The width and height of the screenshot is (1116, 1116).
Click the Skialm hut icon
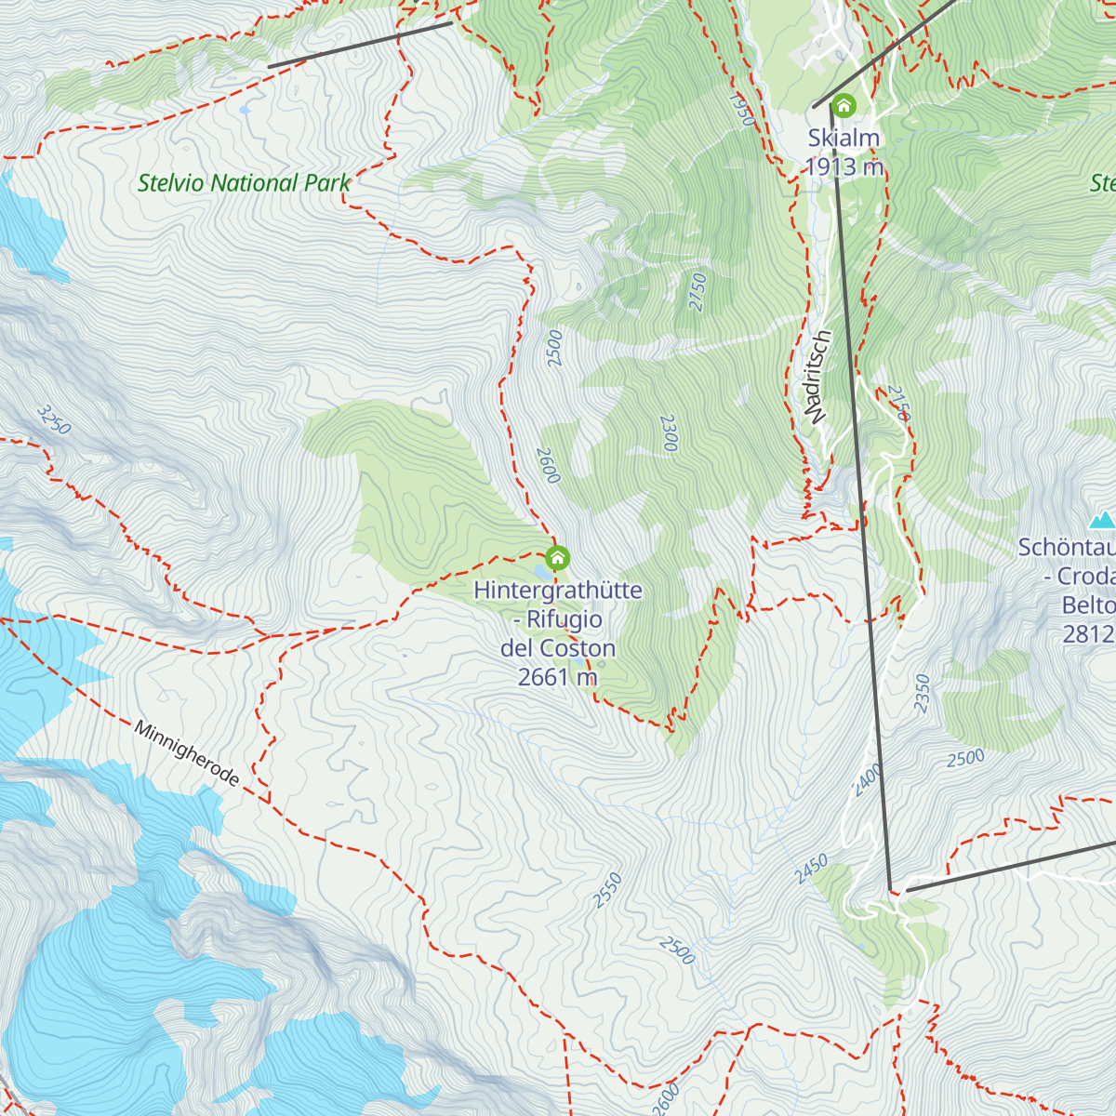click(844, 105)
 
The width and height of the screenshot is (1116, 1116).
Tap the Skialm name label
click(844, 138)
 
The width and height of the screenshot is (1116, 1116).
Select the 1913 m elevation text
click(844, 167)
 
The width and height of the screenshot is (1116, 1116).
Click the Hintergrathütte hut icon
click(557, 558)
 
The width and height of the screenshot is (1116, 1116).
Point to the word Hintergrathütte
click(558, 591)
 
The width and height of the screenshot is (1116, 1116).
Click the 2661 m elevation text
click(557, 677)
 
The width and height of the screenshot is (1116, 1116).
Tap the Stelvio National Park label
click(244, 183)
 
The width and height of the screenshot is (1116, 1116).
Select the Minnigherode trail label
click(187, 753)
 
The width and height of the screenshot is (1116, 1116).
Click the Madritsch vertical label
click(817, 377)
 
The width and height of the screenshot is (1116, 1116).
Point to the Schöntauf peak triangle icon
click(1102, 519)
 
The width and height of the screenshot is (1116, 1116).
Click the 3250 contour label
click(54, 419)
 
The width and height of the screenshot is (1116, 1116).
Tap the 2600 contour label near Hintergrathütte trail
click(548, 465)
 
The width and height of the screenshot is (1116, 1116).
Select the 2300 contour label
click(668, 433)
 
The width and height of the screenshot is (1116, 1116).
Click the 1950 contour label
click(741, 109)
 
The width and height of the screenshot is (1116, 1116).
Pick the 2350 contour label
click(922, 693)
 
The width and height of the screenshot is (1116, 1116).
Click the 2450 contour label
click(811, 870)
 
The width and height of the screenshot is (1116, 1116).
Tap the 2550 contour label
click(607, 890)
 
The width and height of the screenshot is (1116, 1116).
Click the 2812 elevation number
click(1088, 634)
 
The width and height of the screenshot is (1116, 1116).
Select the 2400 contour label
click(867, 779)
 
